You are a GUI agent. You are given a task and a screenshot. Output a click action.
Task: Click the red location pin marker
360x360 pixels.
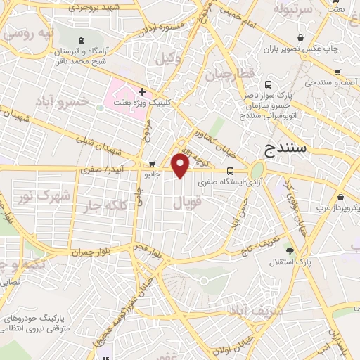(x=181, y=166)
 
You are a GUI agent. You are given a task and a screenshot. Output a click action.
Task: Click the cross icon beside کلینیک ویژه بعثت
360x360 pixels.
(x=143, y=91)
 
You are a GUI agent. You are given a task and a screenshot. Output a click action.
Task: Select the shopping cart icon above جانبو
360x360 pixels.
(x=152, y=164)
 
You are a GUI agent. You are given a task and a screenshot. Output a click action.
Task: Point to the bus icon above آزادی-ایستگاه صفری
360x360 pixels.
(x=231, y=171)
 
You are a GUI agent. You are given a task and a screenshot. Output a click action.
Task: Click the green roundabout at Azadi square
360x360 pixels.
(x=257, y=171)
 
